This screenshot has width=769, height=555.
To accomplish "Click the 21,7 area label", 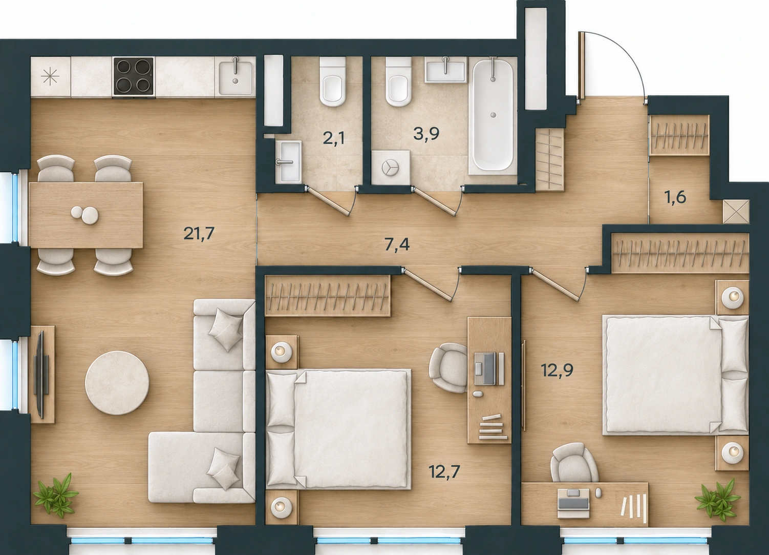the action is click(x=199, y=234).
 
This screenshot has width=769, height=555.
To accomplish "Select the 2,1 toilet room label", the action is click(x=333, y=139).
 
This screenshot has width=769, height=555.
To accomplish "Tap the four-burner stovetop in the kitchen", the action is click(x=134, y=76).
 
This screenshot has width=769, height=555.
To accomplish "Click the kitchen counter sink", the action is click(x=236, y=77).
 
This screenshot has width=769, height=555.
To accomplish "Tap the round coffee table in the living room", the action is click(x=117, y=382).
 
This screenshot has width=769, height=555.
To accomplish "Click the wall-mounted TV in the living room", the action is click(x=40, y=374).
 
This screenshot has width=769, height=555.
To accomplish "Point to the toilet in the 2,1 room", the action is click(x=332, y=82).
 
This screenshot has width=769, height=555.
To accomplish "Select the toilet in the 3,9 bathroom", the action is click(x=398, y=82).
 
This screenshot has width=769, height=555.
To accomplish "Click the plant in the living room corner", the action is click(x=55, y=495).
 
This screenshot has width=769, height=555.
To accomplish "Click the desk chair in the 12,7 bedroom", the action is click(x=448, y=368).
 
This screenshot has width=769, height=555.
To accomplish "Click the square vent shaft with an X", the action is click(x=735, y=212).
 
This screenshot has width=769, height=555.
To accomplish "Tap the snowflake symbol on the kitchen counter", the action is click(x=50, y=76).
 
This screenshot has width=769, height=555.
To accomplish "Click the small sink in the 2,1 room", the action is click(x=288, y=161).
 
